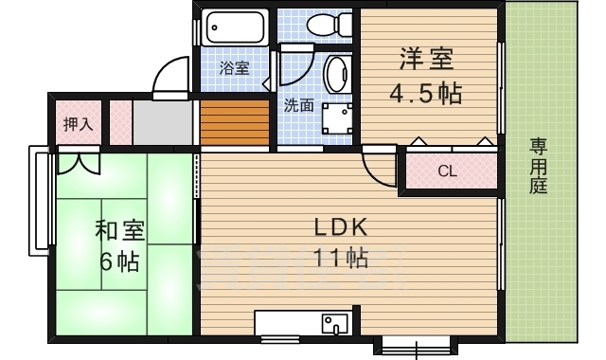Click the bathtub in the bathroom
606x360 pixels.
(x=235, y=27)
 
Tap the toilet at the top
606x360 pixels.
(x=330, y=25)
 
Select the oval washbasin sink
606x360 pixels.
(x=337, y=74)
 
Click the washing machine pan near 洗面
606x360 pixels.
(x=337, y=118)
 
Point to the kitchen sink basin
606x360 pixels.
(x=334, y=324)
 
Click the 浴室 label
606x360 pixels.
(x=234, y=68)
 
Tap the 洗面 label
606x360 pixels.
(x=298, y=105)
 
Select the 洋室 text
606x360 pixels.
(x=426, y=59)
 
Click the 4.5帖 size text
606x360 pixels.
(x=425, y=93)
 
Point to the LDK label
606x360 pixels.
(x=340, y=227)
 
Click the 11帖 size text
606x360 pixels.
(x=340, y=258)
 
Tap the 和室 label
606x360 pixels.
(x=120, y=230)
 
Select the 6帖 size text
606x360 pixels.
(x=120, y=261)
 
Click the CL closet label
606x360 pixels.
(x=448, y=171)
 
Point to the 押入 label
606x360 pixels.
(x=78, y=124)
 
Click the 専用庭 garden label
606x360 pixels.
(x=538, y=166)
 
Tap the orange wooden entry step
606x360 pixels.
(x=234, y=122)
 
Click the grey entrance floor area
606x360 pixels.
(x=163, y=122)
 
